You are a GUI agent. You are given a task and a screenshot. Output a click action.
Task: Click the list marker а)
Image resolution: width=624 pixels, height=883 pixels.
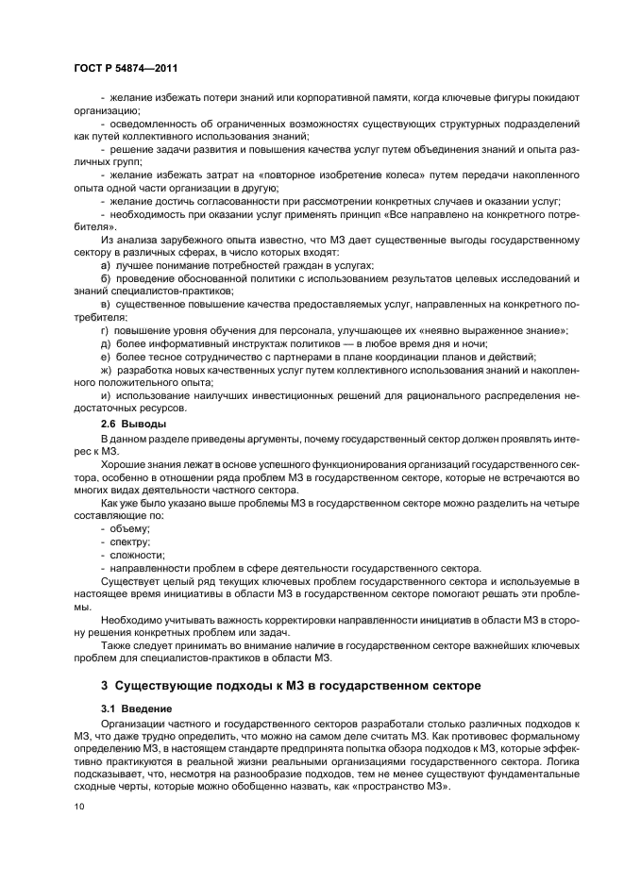pyautogui.click(x=106, y=267)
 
